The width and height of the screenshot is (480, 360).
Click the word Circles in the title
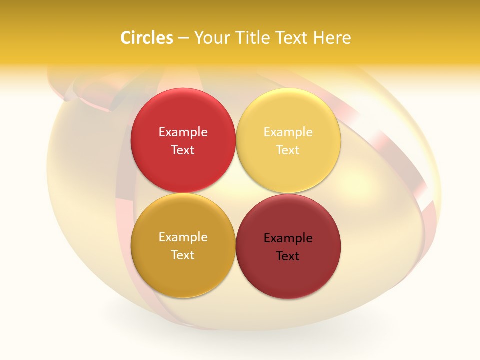(x=146, y=38)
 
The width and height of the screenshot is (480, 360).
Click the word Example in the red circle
(x=183, y=132)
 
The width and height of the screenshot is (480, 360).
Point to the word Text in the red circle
(x=183, y=150)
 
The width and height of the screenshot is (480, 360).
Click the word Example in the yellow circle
(x=288, y=132)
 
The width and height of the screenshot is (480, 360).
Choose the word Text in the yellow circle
(x=288, y=150)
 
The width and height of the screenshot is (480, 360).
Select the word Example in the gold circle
(x=183, y=237)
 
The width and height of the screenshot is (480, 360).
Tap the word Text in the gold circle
(x=183, y=255)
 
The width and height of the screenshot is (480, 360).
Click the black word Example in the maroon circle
(x=288, y=238)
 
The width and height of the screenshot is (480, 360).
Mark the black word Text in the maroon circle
(x=288, y=256)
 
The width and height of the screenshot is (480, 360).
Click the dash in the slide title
(x=183, y=38)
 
